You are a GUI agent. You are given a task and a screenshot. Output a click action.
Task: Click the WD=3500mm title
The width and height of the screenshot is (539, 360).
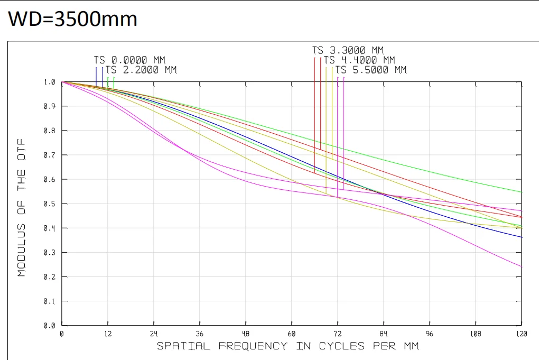(x=72, y=19)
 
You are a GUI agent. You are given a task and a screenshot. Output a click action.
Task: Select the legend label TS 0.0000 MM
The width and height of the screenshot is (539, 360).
(x=129, y=60)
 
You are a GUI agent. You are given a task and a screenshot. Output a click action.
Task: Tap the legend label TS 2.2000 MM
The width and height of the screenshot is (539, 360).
(x=141, y=70)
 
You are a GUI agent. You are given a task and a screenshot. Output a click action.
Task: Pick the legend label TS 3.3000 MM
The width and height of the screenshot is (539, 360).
(x=348, y=51)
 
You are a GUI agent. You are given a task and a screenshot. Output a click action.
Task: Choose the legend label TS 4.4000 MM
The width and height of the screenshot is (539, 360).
(x=359, y=60)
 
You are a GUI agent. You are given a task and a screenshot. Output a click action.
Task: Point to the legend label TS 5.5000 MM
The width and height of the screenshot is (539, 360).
(x=371, y=70)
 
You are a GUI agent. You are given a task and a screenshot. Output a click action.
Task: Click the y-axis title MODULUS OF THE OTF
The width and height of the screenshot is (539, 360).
(x=21, y=208)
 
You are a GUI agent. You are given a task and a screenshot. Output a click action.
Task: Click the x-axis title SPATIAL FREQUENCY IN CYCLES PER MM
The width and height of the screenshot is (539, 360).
(x=288, y=346)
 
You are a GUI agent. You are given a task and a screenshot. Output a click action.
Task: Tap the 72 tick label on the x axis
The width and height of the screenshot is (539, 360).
(x=338, y=334)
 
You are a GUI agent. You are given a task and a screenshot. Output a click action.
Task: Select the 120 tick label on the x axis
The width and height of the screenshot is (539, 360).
(x=522, y=334)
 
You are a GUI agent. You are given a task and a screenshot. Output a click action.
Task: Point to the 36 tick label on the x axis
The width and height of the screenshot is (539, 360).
(x=199, y=334)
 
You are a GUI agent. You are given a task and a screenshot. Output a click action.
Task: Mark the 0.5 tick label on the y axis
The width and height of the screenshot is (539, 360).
(x=50, y=204)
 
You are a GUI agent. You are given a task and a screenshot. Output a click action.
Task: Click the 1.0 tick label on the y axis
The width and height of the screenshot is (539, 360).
(x=50, y=82)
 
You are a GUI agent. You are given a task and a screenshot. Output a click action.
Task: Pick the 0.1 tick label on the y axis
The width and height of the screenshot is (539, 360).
(x=50, y=301)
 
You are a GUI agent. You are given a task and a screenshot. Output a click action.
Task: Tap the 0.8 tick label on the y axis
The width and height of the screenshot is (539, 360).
(x=50, y=131)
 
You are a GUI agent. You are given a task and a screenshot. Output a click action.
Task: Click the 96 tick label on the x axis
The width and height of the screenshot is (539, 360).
(x=429, y=334)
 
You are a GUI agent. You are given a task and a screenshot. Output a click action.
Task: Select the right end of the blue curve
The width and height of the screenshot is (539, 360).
(x=522, y=237)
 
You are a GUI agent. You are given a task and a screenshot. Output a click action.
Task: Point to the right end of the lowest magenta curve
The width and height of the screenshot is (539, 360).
(x=522, y=267)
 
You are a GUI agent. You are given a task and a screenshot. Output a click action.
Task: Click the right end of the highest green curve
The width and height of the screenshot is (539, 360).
(x=522, y=192)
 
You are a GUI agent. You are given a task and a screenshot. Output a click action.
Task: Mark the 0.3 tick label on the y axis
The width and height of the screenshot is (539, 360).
(x=50, y=253)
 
